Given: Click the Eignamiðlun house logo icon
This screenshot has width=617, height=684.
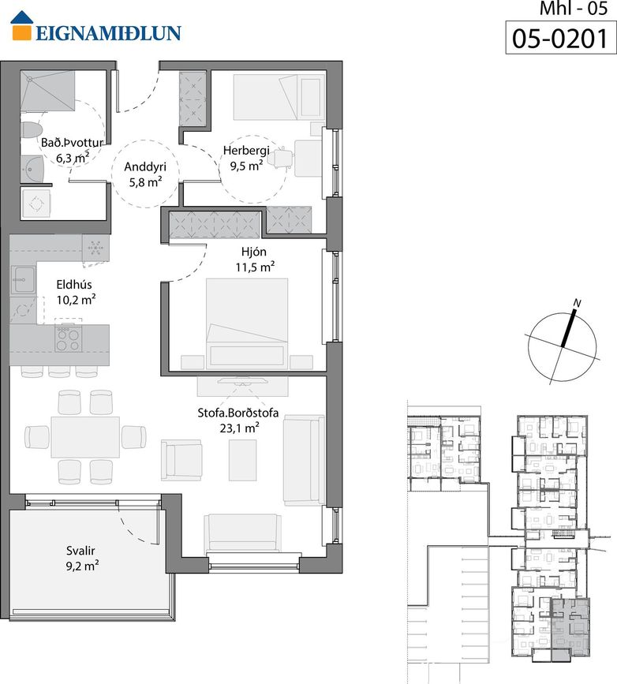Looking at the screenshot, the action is click(22, 26).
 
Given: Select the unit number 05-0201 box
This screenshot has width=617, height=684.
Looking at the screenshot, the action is click(561, 38).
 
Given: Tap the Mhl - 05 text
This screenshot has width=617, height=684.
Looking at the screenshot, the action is click(574, 9).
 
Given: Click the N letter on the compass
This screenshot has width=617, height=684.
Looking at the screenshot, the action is click(578, 303).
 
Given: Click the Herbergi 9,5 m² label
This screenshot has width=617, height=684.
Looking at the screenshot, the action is click(246, 158).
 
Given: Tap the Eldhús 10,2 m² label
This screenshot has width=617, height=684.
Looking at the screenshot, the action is click(76, 292).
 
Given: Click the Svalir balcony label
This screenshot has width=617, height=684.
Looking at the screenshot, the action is click(82, 558).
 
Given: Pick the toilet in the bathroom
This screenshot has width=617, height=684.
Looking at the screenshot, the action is click(32, 130).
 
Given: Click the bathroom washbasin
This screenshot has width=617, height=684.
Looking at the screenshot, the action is click(32, 169).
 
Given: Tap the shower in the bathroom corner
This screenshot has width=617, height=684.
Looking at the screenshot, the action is click(47, 92).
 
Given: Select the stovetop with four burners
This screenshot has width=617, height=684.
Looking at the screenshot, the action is click(68, 339).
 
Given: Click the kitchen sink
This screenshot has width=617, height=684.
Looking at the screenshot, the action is click(24, 279).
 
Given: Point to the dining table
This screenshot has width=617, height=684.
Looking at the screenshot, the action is click(85, 436).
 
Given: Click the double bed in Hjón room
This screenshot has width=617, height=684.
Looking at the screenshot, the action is click(246, 323).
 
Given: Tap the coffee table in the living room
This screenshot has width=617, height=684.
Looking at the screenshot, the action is click(242, 460).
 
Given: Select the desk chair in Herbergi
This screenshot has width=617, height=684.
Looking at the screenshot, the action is click(282, 158).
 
